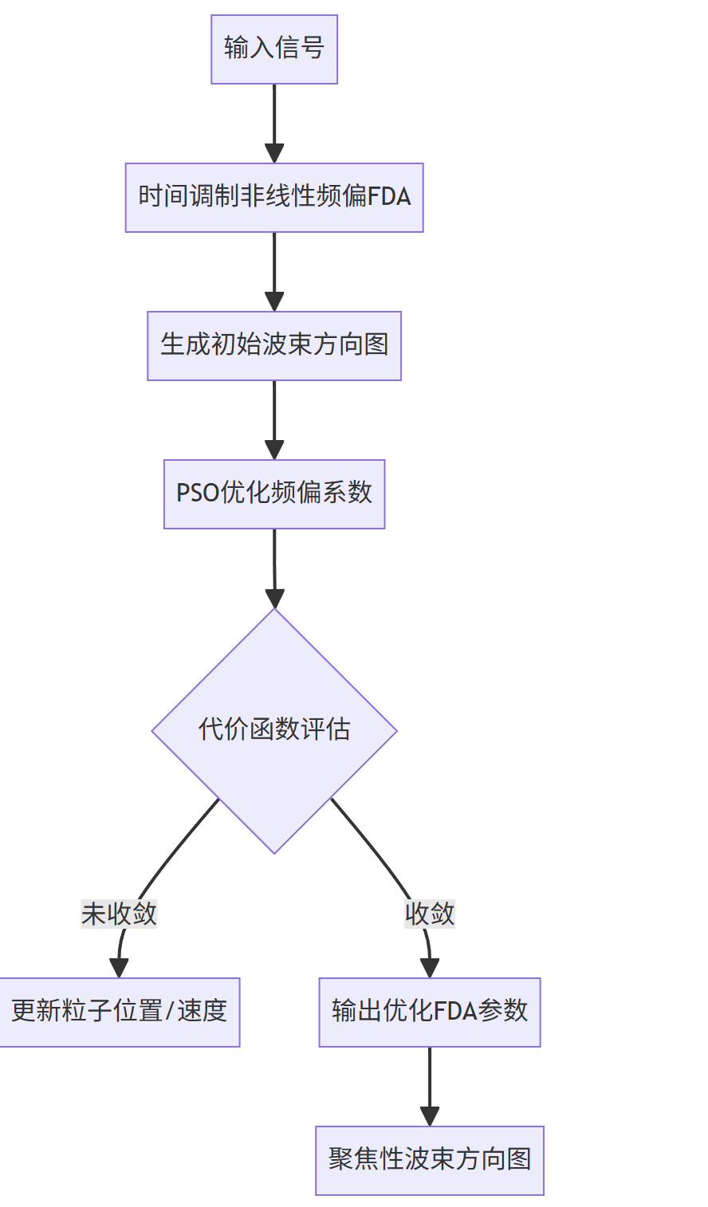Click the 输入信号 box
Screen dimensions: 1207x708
pos(274,49)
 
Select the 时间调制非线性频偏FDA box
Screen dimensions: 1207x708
pos(274,197)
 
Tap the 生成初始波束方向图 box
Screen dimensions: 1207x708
pos(274,345)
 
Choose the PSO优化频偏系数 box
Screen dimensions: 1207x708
pos(274,493)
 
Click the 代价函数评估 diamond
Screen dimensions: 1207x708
pos(274,730)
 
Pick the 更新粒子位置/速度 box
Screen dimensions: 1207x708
pos(119,1012)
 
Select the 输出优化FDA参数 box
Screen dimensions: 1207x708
pos(430,1012)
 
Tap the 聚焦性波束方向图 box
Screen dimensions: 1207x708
pos(430,1160)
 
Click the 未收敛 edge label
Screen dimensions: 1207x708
pos(119,914)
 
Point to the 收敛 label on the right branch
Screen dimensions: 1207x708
pos(430,914)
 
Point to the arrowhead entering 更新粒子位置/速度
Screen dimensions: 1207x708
pos(119,968)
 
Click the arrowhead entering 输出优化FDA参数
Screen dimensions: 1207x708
pos(430,968)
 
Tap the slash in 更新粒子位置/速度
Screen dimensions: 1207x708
pos(170,1012)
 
